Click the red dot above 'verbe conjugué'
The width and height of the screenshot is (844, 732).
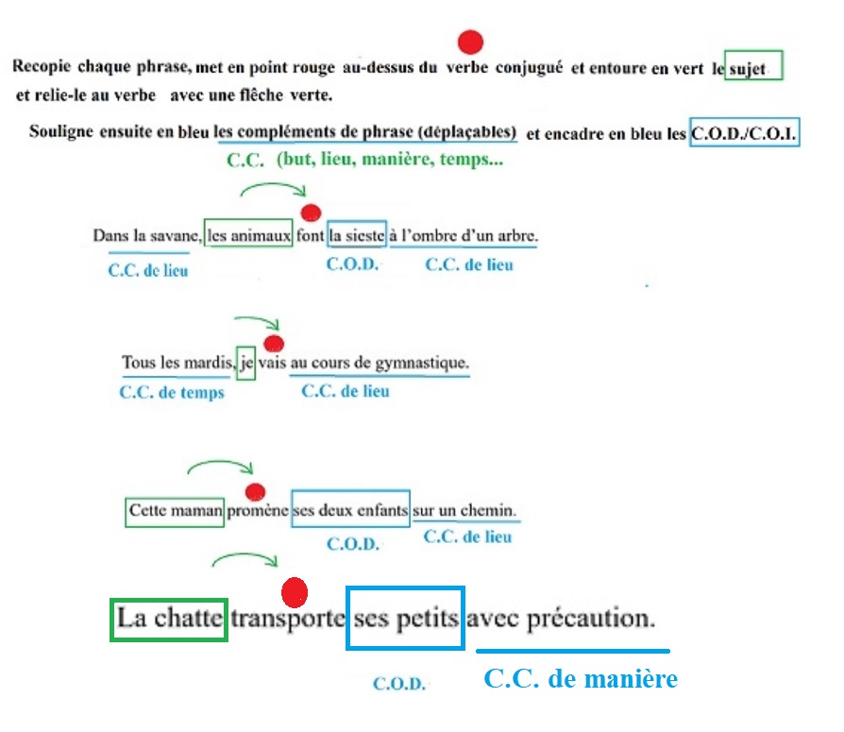click(x=470, y=42)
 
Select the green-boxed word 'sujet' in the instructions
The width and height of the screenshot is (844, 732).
click(x=747, y=69)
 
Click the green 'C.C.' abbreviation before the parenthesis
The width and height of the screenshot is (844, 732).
click(x=245, y=161)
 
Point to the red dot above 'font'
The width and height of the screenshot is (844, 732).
click(x=311, y=213)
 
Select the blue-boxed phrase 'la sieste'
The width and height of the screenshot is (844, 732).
click(x=357, y=235)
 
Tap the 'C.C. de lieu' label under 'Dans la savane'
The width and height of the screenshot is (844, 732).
click(x=148, y=270)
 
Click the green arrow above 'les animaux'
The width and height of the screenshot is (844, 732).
click(x=273, y=185)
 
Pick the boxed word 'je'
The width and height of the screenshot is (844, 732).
click(x=246, y=363)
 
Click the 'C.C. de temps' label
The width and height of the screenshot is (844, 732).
click(x=172, y=392)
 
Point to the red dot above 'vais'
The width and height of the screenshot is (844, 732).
click(x=274, y=344)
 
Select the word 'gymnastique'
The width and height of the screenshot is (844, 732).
click(x=422, y=363)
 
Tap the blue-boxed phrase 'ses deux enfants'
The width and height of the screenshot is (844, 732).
click(x=350, y=509)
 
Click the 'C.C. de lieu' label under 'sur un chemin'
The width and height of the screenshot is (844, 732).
click(x=467, y=536)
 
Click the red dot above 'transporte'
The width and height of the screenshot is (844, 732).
click(x=295, y=592)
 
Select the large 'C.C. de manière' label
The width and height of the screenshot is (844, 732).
click(x=581, y=679)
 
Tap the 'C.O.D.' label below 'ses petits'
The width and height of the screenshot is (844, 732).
click(x=399, y=684)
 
